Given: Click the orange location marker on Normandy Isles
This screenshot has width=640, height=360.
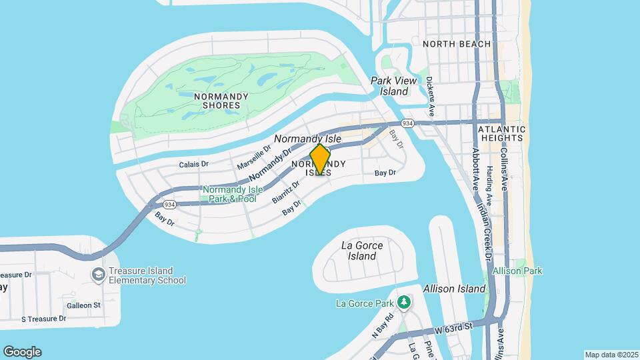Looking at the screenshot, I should (x=320, y=160).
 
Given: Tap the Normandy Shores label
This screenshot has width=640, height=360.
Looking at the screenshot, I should (x=221, y=101).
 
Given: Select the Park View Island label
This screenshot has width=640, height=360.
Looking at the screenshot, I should (x=393, y=86).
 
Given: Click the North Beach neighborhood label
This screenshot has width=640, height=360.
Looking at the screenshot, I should (x=457, y=44).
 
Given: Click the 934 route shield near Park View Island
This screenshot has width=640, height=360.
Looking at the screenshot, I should (x=408, y=123).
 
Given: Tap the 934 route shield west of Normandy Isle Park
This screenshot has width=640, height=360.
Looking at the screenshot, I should (x=169, y=204).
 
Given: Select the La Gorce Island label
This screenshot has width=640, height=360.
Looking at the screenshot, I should (x=362, y=251).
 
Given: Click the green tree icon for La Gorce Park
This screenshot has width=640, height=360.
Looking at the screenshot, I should (x=403, y=303).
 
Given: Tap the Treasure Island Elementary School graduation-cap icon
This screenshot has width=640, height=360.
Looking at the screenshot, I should (x=99, y=275).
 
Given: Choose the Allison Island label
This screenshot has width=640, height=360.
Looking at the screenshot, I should (x=454, y=289).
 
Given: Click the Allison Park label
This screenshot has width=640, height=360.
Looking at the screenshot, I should (x=517, y=271).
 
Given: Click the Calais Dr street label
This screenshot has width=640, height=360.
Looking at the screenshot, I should (x=194, y=164).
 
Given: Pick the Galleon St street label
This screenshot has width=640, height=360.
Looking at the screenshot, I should (x=83, y=305).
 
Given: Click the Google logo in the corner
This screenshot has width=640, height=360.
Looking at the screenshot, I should (x=22, y=352).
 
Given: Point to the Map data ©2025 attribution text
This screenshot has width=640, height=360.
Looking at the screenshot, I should (x=611, y=355).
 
